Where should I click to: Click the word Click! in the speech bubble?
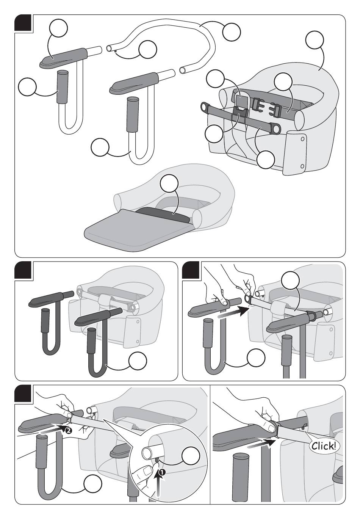click(x=323, y=446)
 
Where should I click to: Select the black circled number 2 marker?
click(x=68, y=431)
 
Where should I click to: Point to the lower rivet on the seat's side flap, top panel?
click(x=302, y=166)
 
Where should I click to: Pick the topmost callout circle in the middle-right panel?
click(x=290, y=281)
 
